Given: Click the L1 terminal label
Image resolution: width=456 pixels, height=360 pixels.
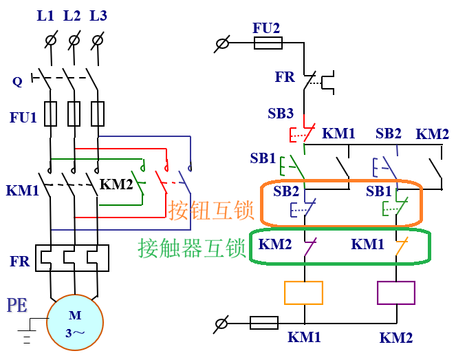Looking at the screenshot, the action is click(45, 16).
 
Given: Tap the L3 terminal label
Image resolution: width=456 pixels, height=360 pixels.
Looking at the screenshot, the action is click(98, 16).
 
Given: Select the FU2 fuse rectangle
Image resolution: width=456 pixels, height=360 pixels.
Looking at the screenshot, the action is click(268, 43).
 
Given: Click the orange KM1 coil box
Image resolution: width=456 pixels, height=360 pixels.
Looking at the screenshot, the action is click(303, 293).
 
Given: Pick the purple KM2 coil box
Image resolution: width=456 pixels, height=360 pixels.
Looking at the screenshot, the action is click(395, 293).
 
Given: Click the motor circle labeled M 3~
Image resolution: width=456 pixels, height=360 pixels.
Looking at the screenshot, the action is click(75, 322).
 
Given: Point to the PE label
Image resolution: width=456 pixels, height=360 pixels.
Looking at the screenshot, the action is click(17, 305).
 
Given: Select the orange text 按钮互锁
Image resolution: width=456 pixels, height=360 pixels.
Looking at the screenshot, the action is click(211, 210).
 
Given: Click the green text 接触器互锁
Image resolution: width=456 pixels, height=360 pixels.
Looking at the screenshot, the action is click(192, 248).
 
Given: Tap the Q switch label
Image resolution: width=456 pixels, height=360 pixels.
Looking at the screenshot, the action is click(17, 81).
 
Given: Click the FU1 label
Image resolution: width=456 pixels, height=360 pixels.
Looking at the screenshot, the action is click(23, 117).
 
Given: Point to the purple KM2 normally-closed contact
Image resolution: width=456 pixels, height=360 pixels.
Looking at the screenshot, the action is click(310, 247).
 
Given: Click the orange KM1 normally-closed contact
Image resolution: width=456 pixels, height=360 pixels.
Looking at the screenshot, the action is click(402, 246).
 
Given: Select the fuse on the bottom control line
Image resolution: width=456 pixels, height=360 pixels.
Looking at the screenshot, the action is click(264, 323).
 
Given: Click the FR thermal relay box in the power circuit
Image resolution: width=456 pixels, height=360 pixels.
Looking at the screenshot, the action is click(72, 258).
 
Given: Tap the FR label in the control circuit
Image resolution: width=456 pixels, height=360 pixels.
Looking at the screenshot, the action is click(285, 77).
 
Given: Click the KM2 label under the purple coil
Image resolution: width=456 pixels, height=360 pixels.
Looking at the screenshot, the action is click(396, 338).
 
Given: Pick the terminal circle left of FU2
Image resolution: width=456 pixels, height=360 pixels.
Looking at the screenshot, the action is click(222, 43).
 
